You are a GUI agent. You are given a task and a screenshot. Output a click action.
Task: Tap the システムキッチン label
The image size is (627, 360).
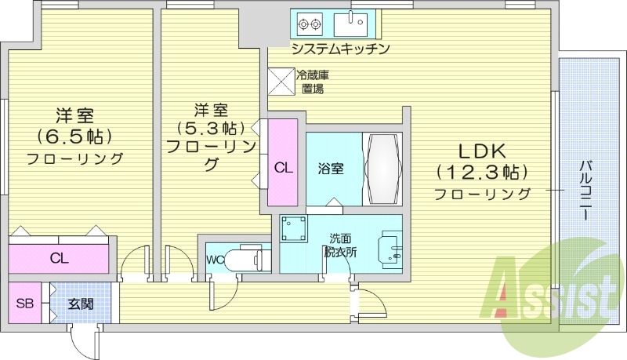340,49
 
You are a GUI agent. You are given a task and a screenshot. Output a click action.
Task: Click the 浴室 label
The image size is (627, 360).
331,167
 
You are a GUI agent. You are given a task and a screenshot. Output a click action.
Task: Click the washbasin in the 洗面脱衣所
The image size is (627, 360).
389,249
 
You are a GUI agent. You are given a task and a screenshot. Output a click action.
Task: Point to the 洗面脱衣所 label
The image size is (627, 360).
341,245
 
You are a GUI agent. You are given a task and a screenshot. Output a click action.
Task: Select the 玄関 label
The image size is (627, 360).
80,304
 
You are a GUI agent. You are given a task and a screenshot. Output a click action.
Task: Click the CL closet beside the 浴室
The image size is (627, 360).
284,167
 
